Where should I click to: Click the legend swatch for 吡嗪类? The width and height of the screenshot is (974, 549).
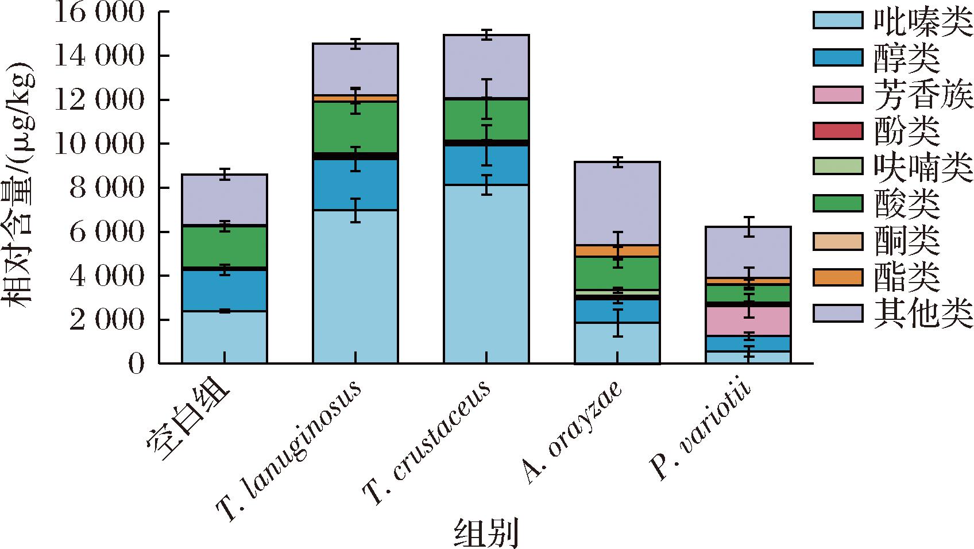(838, 20)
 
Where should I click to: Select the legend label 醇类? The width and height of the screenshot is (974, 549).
(907, 59)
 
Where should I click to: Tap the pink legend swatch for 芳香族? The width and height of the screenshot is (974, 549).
(838, 94)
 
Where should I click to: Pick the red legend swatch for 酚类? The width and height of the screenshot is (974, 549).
(838, 131)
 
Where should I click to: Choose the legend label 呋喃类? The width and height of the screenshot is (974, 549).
(923, 168)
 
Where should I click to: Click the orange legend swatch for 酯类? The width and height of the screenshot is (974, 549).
(838, 277)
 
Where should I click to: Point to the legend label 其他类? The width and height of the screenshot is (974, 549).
(923, 314)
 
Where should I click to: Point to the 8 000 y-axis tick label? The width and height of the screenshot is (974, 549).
(106, 188)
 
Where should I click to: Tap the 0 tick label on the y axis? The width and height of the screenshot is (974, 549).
(136, 364)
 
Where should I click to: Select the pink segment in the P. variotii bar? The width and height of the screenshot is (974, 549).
(748, 321)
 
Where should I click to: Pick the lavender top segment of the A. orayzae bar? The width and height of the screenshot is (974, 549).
(617, 203)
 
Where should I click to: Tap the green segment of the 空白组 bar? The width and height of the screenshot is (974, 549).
(224, 246)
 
